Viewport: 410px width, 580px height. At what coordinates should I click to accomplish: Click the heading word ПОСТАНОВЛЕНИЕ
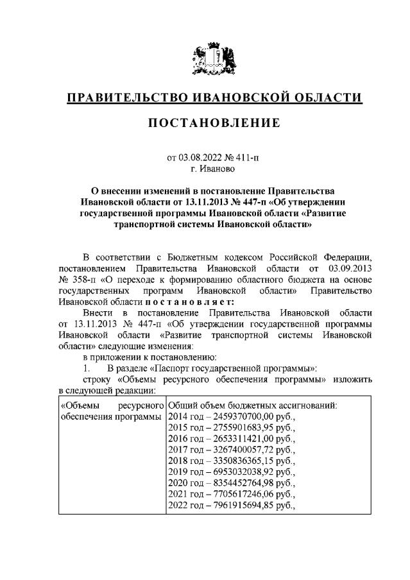tap(205, 122)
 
